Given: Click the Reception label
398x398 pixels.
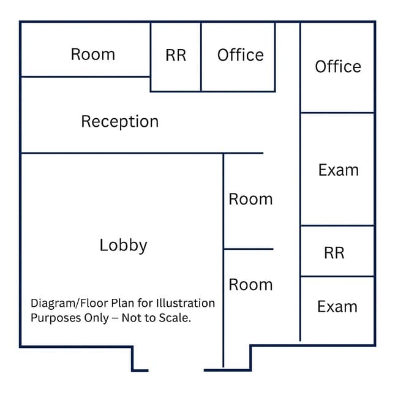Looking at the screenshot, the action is pos(120,122).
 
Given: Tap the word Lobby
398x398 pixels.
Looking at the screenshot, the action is pos(123,246).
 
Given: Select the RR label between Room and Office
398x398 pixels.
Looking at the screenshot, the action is pos(176,55).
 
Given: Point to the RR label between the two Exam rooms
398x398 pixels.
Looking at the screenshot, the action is pos(334,253).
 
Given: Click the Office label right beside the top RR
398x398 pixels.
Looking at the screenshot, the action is pos(241,55).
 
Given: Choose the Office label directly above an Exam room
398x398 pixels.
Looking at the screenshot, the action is pos(338,66).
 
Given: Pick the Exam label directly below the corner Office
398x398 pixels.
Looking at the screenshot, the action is pos(339,170).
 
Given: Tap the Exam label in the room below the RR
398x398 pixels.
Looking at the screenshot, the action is pos(337,306).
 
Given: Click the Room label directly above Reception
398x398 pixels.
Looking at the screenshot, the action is pos(93,54).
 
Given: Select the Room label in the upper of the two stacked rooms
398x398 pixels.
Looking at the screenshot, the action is pos(250,199).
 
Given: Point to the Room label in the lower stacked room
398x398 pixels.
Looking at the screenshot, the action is pos(250,285).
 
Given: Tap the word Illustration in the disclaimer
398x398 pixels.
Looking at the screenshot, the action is pos(186,303).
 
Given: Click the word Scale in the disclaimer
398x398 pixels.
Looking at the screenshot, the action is pos(176,318).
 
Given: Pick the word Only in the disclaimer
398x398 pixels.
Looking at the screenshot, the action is pos(96,318).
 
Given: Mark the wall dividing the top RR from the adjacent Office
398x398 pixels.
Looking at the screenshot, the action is pos(201,57).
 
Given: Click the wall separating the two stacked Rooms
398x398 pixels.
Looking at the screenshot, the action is pos(249,249).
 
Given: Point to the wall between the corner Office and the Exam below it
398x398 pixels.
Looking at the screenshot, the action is pos(337,113).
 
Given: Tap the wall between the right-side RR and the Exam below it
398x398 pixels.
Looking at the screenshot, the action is pos(337,276).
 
